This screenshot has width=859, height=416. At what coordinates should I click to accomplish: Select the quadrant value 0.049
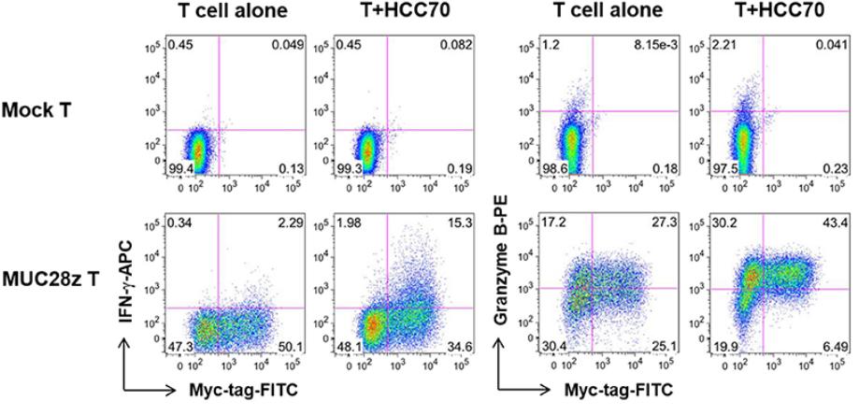280,46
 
